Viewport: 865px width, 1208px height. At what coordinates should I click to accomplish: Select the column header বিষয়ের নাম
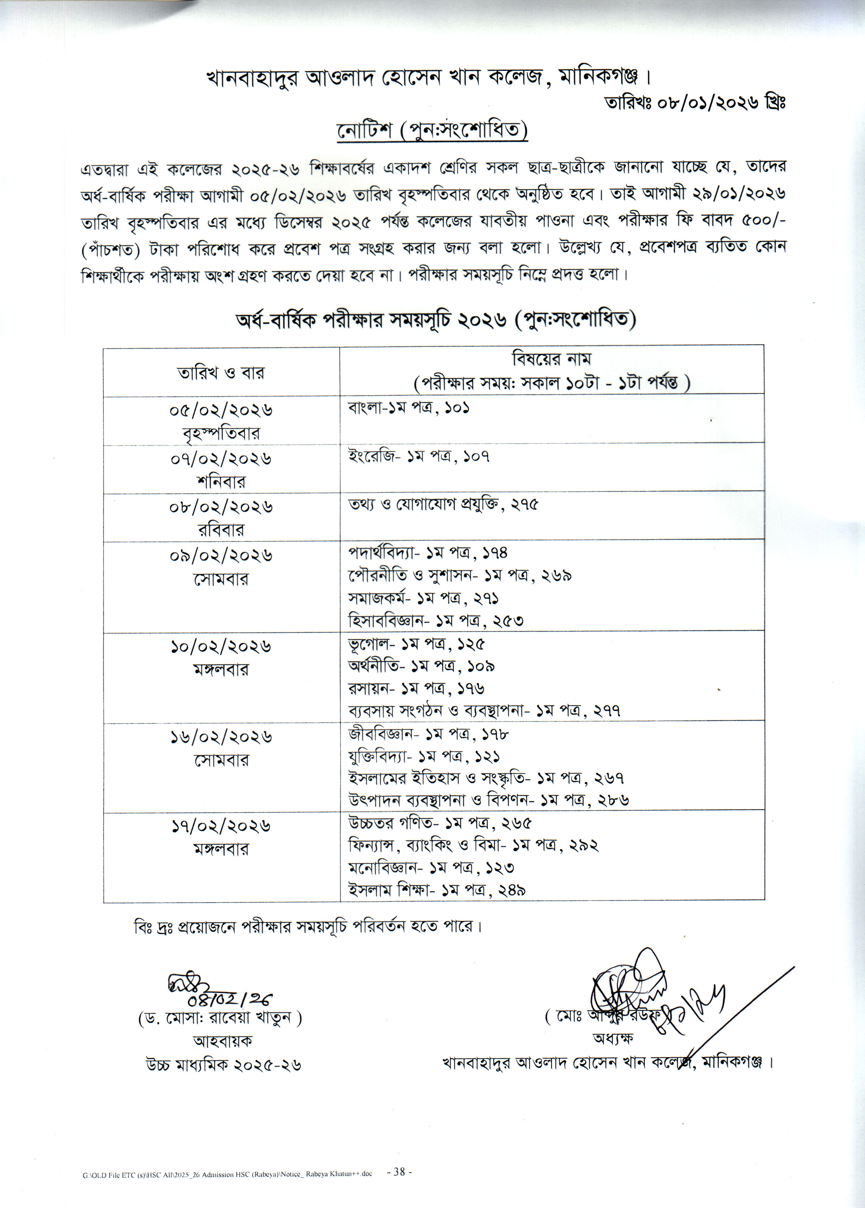[551, 359]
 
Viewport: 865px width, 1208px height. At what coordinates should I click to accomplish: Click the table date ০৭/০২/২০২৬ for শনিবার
[221, 458]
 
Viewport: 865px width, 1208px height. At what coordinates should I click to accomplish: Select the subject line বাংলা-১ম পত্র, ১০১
[409, 408]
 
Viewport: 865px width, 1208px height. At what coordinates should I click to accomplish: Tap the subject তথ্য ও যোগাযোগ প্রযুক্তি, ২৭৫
[443, 504]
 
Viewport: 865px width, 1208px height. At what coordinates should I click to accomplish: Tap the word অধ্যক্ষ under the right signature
[613, 1038]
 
